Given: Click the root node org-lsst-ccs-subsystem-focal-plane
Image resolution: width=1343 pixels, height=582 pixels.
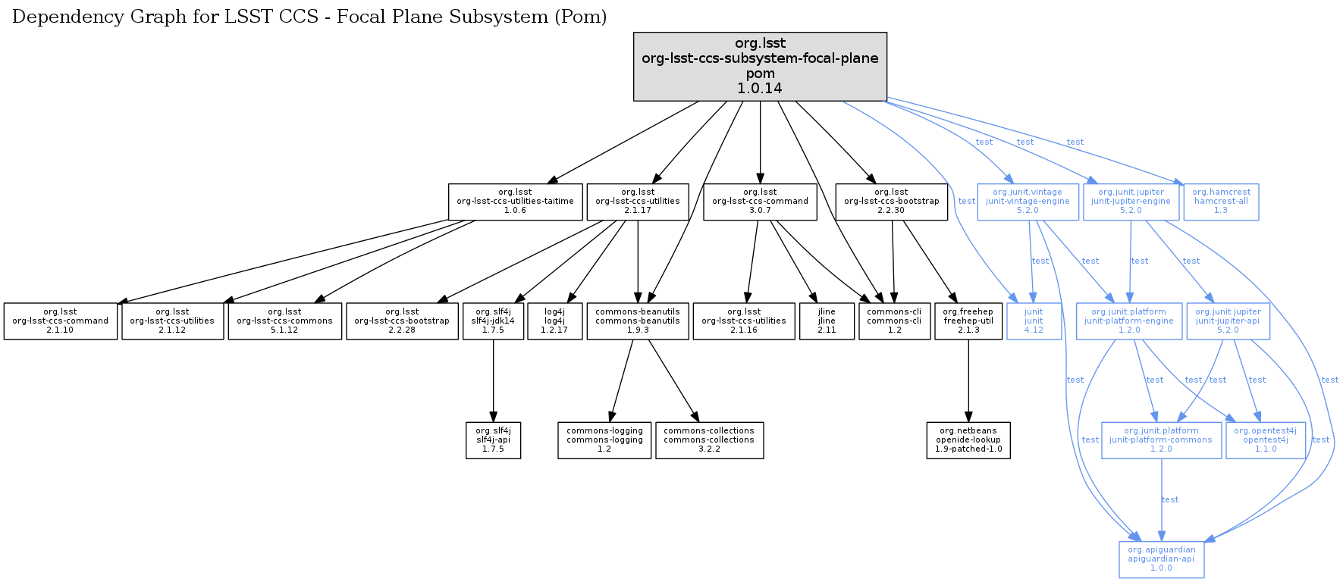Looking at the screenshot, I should (760, 66).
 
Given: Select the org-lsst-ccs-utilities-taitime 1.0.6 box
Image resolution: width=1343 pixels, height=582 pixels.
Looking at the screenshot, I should (515, 202).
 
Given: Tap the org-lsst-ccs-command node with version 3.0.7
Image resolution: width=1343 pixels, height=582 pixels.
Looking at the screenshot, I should (760, 202).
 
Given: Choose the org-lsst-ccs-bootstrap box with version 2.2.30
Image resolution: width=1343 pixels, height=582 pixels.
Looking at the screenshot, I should (891, 202).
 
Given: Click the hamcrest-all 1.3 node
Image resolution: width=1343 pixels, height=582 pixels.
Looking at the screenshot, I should (1221, 202).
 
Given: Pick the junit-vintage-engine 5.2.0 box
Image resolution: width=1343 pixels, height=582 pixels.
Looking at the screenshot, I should (1028, 202).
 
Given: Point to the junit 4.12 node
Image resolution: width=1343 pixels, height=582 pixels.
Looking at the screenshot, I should (1034, 321).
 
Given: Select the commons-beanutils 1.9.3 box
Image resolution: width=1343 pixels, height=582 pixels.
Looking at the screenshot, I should (638, 321).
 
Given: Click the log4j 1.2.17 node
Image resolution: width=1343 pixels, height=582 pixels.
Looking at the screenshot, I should (554, 321).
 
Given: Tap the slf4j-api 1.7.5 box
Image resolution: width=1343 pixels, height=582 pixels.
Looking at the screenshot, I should (493, 440).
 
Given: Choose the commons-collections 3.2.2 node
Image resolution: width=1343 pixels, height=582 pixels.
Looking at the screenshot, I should (709, 440).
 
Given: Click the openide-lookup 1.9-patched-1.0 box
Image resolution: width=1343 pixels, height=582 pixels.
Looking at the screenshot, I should (968, 440).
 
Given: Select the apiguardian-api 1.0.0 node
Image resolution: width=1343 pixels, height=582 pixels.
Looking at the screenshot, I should (1161, 559).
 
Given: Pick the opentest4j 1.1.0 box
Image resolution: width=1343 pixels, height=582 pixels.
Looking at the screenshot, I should (1265, 440).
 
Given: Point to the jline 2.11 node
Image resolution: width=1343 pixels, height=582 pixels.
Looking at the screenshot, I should (827, 321).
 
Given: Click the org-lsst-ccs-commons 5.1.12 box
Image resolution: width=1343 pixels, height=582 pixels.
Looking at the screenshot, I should (284, 321).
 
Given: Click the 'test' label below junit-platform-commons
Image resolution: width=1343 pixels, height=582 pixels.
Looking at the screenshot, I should (1170, 500).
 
